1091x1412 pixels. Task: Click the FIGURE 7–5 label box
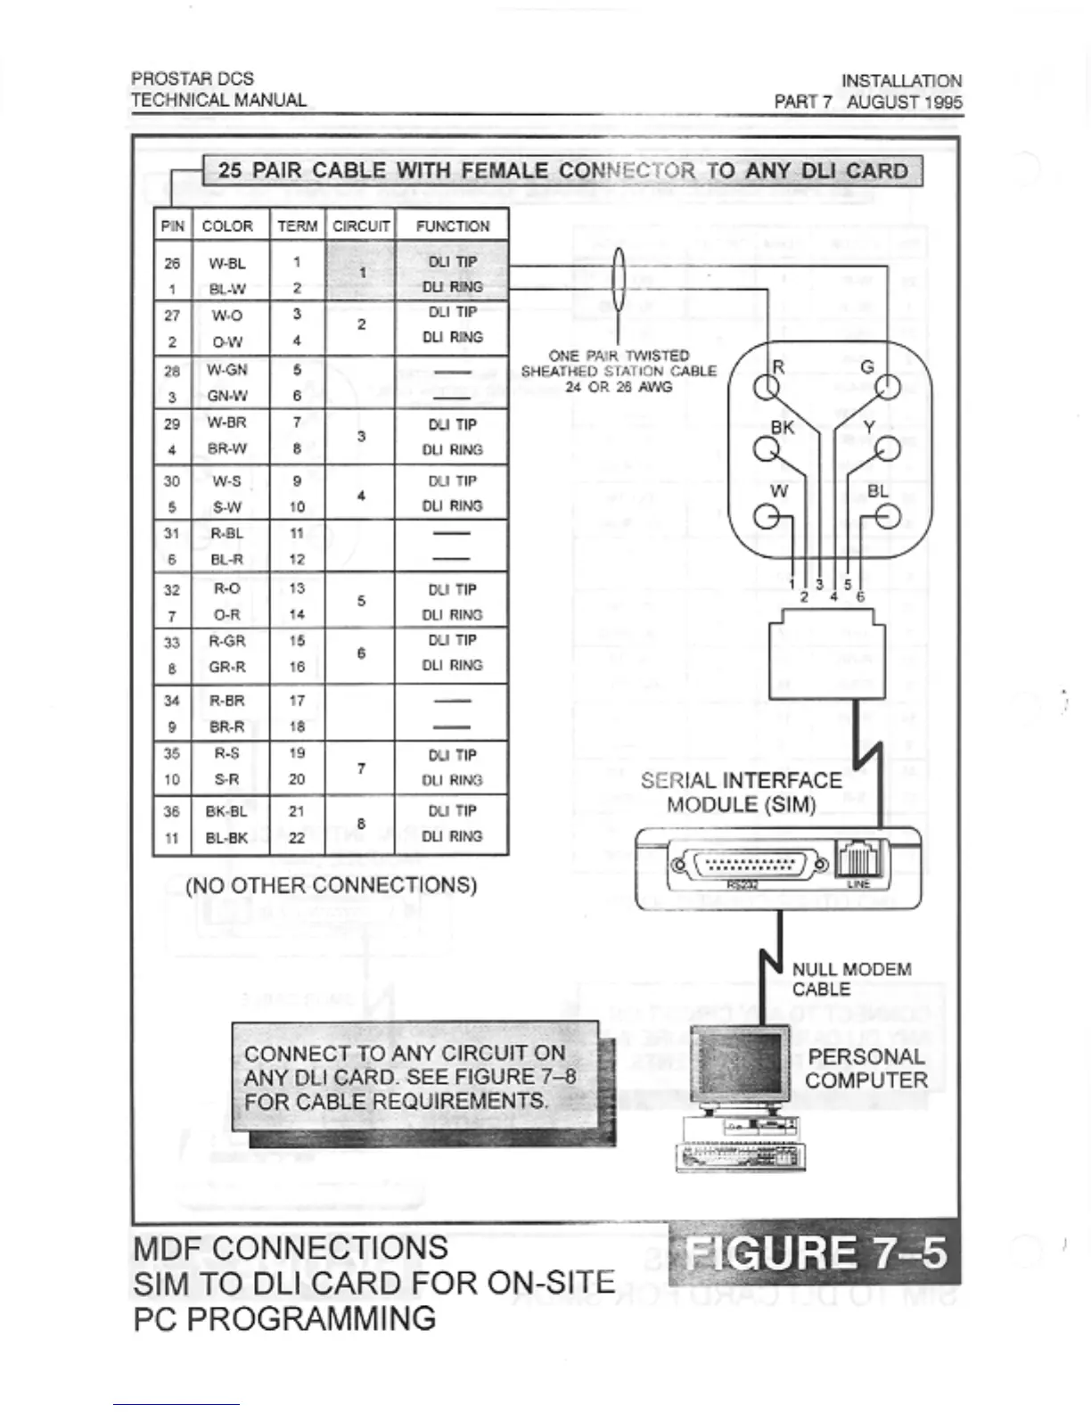coord(815,1252)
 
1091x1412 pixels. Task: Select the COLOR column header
coord(227,226)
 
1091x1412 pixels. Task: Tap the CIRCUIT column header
coord(361,226)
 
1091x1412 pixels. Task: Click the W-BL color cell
coord(227,263)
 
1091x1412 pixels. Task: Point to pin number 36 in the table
coord(172,811)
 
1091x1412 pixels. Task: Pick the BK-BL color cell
coord(226,811)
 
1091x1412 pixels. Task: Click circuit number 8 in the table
coord(361,825)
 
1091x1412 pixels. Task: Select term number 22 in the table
coord(297,838)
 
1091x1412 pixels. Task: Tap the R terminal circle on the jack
coord(766,388)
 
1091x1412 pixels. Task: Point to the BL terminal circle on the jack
coord(887,517)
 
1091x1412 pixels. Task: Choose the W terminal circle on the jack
coord(766,517)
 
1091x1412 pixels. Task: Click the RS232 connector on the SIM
coord(749,863)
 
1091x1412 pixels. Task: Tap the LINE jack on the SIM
coord(857,859)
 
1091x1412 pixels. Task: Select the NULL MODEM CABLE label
coord(851,979)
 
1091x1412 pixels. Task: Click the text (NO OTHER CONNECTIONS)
coord(331,885)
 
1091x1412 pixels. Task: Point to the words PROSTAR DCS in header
coord(193,79)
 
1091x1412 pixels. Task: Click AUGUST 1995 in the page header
coord(904,102)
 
